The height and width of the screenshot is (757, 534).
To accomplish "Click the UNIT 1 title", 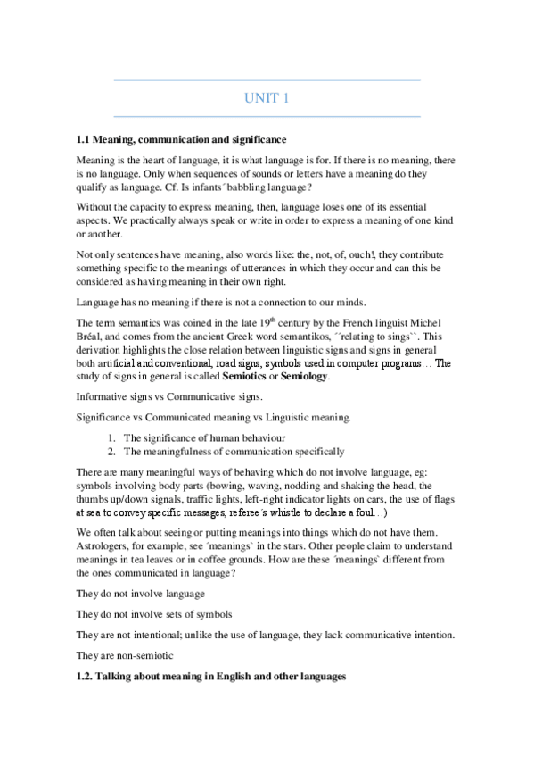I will point(267,98).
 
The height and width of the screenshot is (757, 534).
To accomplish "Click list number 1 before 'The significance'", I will point(111,437).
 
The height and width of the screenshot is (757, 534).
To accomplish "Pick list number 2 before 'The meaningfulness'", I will point(111,452).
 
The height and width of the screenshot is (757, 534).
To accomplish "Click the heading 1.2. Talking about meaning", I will point(211,678).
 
